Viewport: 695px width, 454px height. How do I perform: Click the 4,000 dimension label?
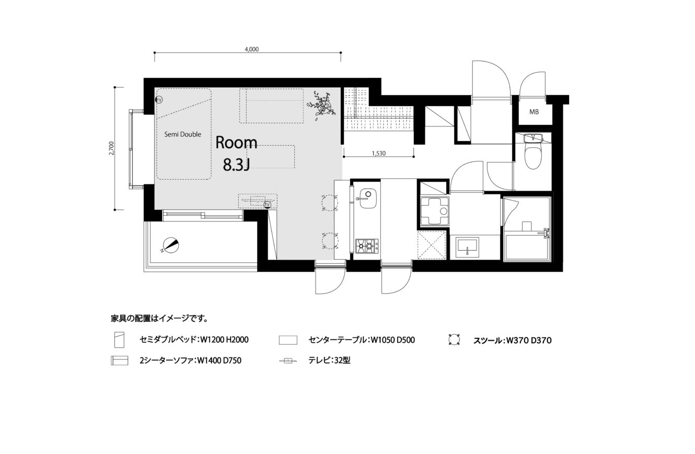click(252, 49)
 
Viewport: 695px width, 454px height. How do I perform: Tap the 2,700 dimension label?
click(112, 148)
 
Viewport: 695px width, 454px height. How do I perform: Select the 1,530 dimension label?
click(378, 153)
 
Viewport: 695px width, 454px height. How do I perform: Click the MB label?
click(534, 112)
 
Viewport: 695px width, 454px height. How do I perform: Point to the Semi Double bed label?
click(183, 134)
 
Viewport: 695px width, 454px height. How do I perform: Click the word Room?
click(236, 143)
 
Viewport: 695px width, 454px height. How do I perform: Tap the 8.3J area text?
click(236, 166)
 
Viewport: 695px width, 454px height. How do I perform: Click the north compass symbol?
click(170, 246)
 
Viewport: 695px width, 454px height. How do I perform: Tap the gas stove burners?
click(367, 247)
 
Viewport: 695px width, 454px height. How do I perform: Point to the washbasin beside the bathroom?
click(467, 247)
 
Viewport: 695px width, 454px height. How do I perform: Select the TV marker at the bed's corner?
click(159, 100)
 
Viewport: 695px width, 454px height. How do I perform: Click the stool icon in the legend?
click(454, 340)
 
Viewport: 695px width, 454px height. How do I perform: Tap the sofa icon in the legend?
click(120, 360)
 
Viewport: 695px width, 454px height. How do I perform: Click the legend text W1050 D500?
click(393, 340)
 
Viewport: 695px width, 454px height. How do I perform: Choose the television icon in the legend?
click(288, 360)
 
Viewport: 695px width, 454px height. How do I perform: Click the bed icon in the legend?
click(120, 340)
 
